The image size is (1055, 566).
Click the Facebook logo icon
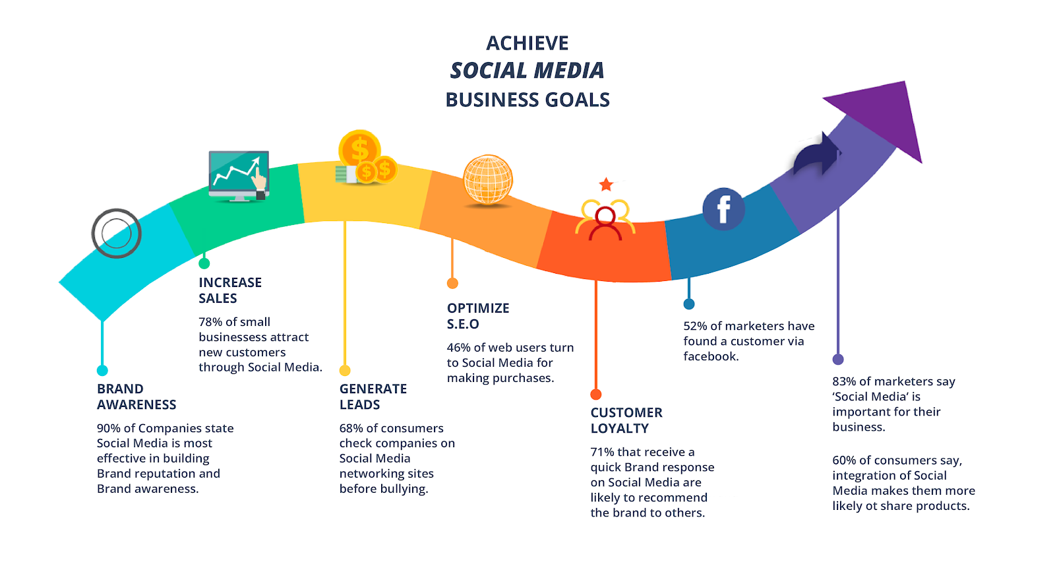[723, 209]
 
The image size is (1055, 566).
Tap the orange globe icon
[488, 179]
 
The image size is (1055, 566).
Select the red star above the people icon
[606, 185]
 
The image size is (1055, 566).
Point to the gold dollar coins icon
[365, 158]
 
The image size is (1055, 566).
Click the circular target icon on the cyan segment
[116, 234]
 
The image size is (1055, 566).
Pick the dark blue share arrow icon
[816, 154]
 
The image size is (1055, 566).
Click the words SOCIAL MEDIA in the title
[527, 71]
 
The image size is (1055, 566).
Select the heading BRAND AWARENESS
[136, 396]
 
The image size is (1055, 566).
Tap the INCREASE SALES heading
[230, 290]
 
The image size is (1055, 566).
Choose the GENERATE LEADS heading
[373, 396]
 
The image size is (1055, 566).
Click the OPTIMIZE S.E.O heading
[478, 316]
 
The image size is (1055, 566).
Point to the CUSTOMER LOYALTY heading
[626, 420]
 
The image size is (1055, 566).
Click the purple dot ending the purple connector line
[838, 360]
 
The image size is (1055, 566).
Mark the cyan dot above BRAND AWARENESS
[102, 371]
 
